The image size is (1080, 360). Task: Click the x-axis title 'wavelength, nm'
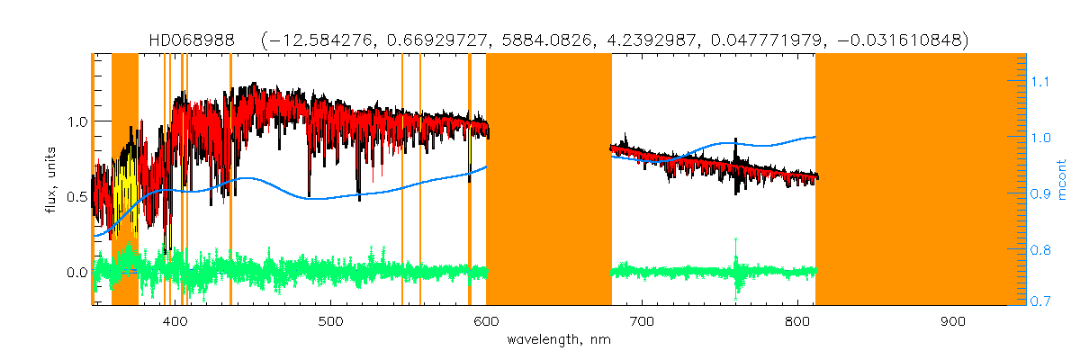pos(564,340)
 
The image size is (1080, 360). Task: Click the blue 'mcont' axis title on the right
pos(1062,179)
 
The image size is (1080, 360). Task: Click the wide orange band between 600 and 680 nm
pos(548,180)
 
